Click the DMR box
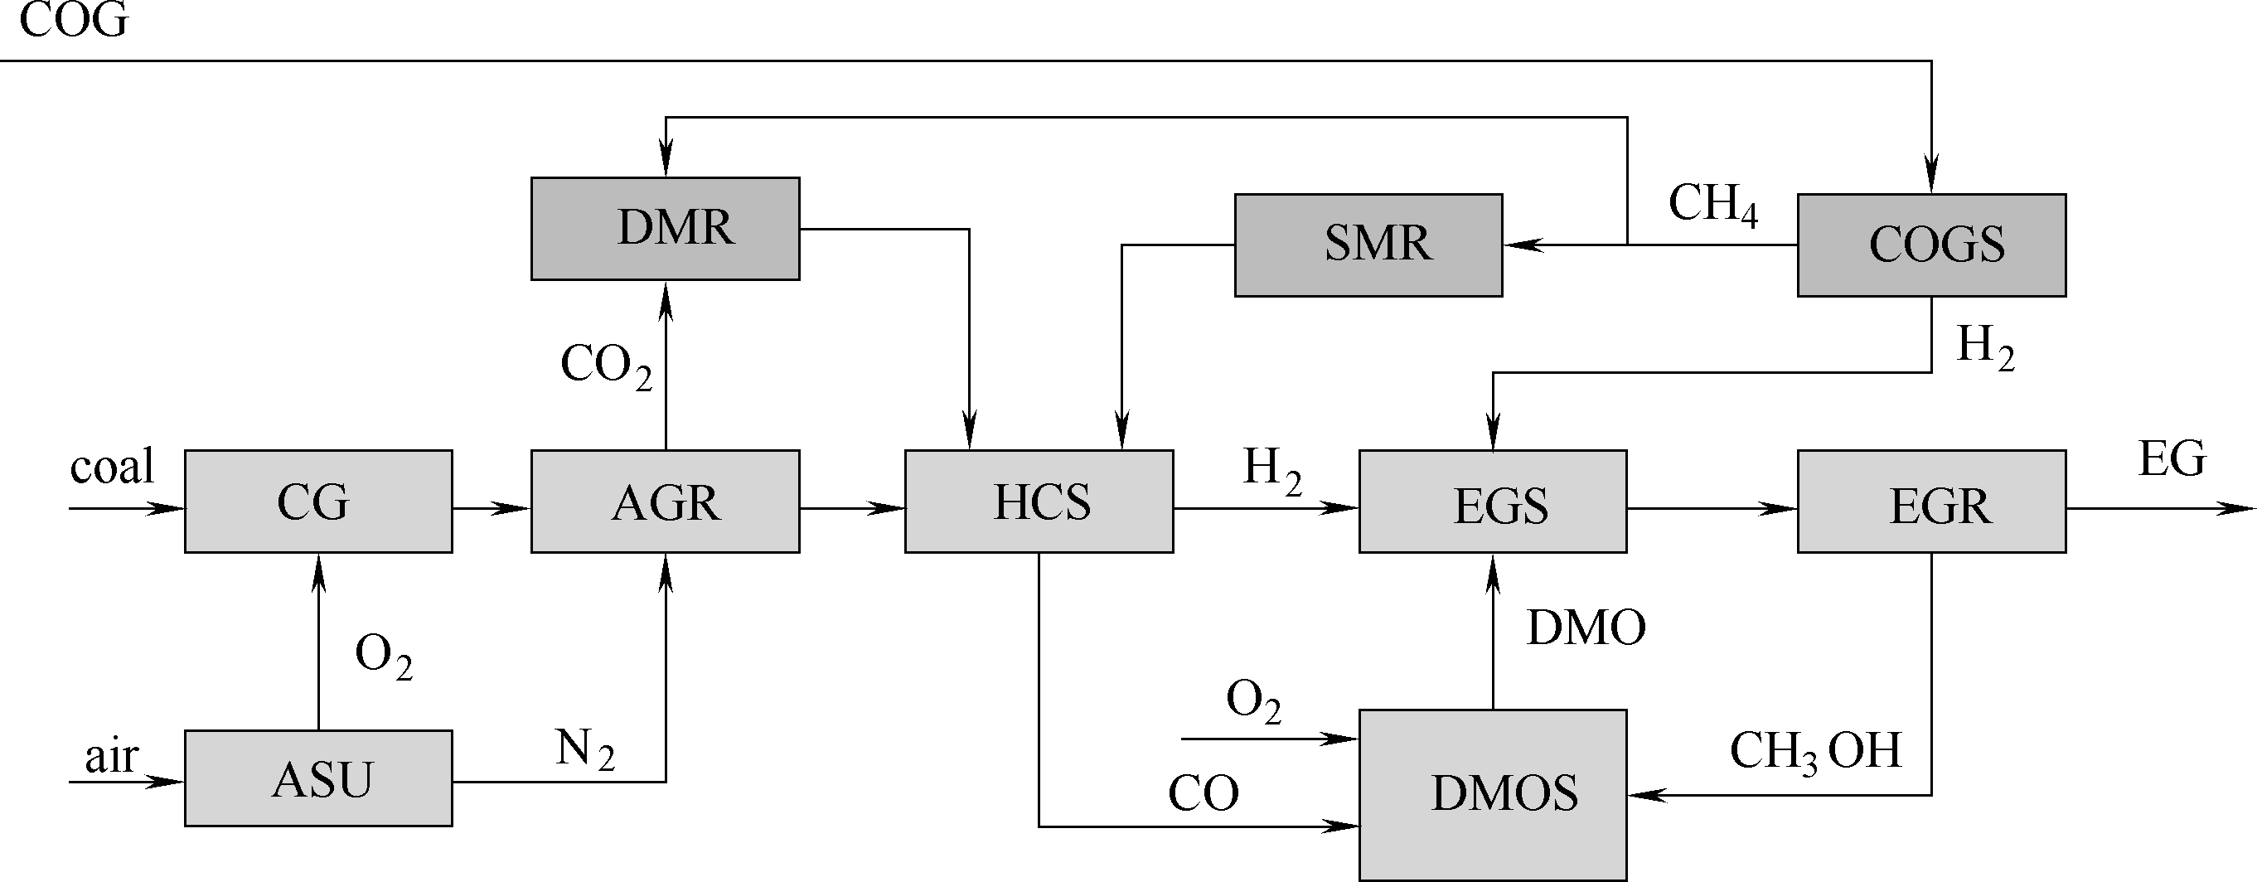tap(665, 229)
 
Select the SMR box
tap(1368, 245)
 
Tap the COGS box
tap(1931, 245)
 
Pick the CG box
tap(318, 502)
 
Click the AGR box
tap(665, 502)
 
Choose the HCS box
tap(1039, 502)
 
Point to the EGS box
tap(1492, 502)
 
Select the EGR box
tap(1931, 502)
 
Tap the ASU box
tap(318, 778)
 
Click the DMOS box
tap(1492, 794)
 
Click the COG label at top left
tap(74, 21)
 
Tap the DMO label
tap(1586, 628)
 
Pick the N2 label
tap(584, 749)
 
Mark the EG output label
tap(2172, 459)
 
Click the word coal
tap(112, 466)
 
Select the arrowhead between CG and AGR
tap(513, 508)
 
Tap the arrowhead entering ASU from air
tap(167, 781)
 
